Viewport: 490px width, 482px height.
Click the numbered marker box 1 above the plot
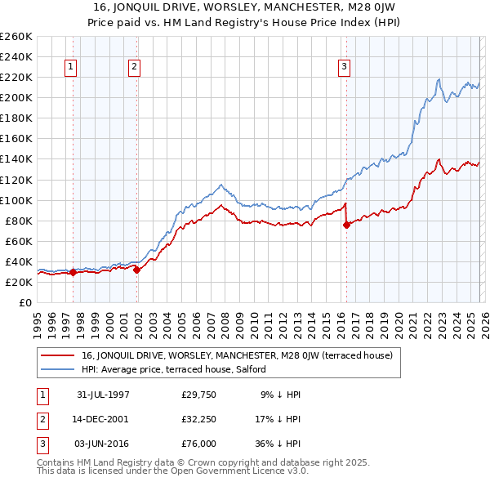click(72, 67)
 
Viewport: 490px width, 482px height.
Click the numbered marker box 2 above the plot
click(134, 67)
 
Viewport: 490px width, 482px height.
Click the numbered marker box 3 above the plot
click(344, 67)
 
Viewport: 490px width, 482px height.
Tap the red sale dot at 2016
click(346, 225)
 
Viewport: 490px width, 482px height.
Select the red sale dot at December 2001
click(136, 270)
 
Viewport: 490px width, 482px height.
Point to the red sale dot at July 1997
click(73, 272)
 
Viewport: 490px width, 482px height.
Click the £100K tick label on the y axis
click(16, 200)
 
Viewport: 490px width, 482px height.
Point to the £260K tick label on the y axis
click(16, 37)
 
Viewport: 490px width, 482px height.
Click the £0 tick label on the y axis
click(24, 302)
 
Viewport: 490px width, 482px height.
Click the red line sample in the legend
click(59, 355)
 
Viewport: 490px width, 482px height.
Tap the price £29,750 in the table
click(198, 395)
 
